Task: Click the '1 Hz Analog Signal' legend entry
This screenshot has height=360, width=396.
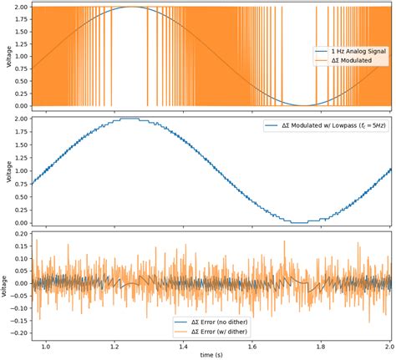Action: [x=353, y=53]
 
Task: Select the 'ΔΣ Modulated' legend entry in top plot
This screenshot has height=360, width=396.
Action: [x=346, y=62]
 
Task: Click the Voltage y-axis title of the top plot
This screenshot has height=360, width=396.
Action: [x=6, y=56]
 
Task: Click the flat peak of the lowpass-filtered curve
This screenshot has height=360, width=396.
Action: [x=130, y=119]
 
